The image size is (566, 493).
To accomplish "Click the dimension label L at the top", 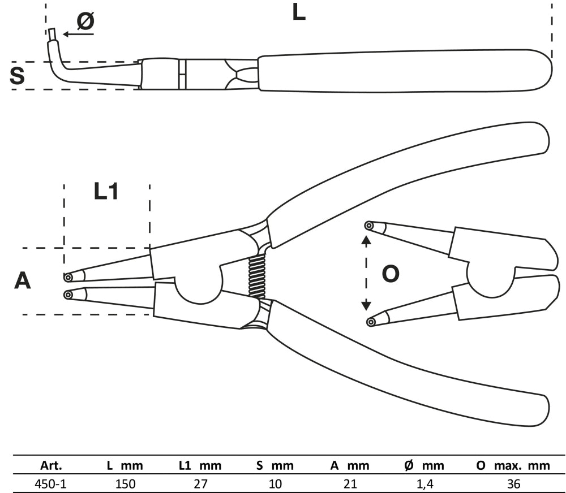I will [299, 12].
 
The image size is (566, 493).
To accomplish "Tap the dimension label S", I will [18, 76].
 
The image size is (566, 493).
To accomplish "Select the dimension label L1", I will [106, 192].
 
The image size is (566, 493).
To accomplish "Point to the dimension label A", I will [22, 280].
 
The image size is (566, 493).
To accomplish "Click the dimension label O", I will [391, 274].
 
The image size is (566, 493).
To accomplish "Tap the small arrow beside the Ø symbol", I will [78, 34].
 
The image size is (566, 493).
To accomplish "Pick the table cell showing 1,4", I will [424, 484].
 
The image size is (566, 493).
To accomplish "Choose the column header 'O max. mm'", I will [513, 466].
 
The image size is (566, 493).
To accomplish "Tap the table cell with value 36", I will [514, 484].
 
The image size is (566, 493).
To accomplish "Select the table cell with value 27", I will [200, 484].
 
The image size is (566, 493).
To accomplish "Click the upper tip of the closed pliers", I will [68, 277].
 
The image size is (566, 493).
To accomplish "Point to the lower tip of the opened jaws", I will [371, 322].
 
